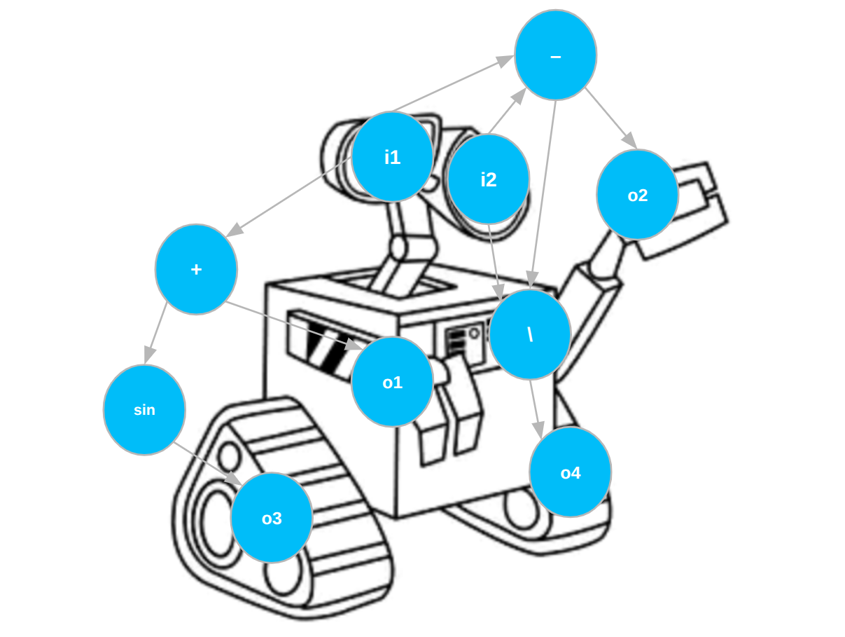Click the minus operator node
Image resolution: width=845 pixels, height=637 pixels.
(555, 55)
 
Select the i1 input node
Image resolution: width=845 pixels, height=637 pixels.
(392, 157)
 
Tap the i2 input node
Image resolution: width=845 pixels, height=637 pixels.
(488, 179)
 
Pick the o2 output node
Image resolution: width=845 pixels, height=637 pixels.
(637, 195)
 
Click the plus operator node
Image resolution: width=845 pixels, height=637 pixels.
(196, 269)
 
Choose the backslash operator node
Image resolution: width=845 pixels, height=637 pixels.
(530, 334)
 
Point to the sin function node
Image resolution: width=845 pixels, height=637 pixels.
(144, 410)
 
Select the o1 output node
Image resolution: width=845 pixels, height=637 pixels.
(392, 382)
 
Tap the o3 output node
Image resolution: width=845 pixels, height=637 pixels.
(272, 518)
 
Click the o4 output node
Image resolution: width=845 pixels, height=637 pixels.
(570, 472)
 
